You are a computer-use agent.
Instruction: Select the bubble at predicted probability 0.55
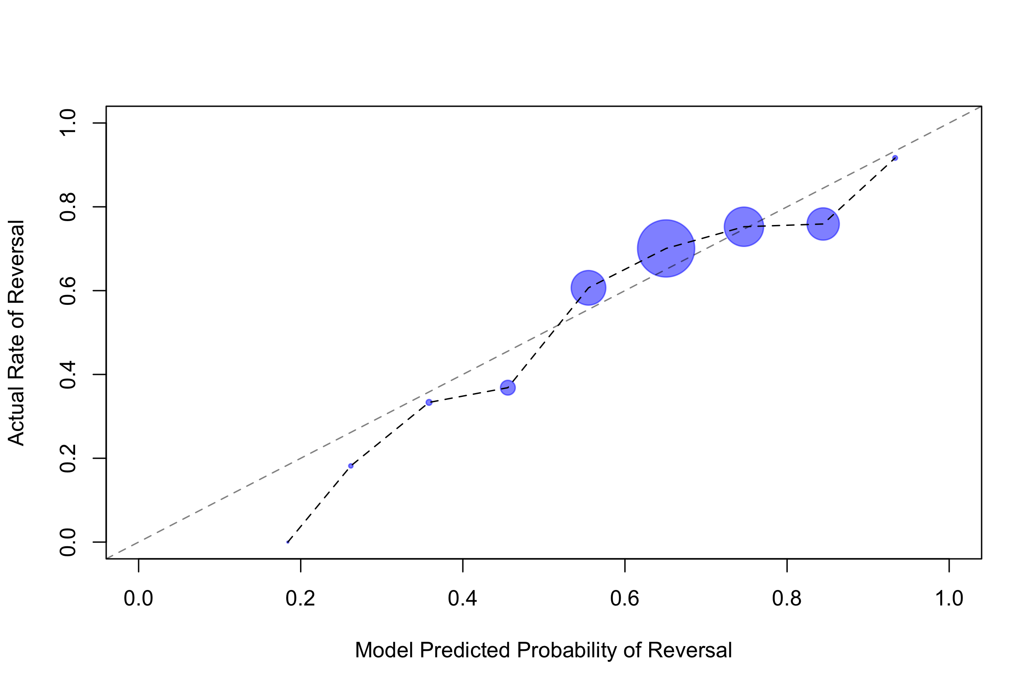tap(588, 288)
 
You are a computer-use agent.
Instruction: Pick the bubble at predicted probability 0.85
tap(823, 224)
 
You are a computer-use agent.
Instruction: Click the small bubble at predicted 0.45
tap(508, 388)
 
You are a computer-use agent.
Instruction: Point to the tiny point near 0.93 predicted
tap(895, 158)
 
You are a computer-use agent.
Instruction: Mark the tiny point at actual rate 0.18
tap(351, 466)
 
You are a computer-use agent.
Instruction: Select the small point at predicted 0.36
tap(429, 403)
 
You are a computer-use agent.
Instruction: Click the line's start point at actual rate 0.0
tap(287, 542)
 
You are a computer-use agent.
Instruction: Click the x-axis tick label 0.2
tap(300, 599)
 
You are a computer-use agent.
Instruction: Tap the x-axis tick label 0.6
tap(625, 599)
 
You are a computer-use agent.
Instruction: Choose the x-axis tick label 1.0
tap(949, 599)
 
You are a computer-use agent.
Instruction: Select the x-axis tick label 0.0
tap(138, 599)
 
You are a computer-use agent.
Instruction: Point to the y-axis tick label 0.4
tap(68, 374)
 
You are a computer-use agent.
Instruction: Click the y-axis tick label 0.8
tap(68, 207)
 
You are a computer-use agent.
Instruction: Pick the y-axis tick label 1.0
tap(68, 124)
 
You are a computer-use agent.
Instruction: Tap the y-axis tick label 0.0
tap(68, 542)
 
